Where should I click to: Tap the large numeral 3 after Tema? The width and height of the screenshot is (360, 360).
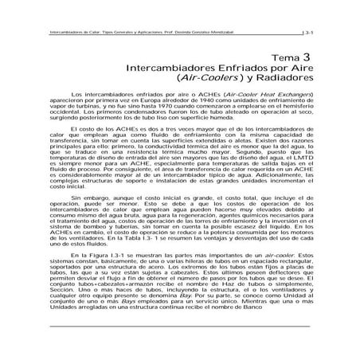coord(306,57)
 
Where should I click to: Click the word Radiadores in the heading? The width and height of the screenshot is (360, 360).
coord(277,80)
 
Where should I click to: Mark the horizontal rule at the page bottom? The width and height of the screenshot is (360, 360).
coord(180,347)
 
